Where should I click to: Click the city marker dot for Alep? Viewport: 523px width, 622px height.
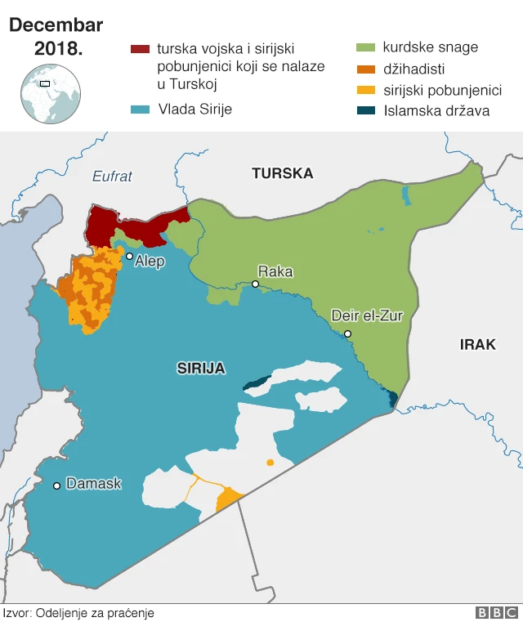pos(129,257)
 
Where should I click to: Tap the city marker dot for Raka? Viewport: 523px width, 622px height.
pos(255,284)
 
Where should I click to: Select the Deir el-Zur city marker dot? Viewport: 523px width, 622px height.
pos(347,333)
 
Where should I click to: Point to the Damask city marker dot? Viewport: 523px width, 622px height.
pos(56,486)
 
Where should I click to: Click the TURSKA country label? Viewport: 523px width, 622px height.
pos(282,173)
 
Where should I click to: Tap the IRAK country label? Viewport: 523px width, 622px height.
pos(477,344)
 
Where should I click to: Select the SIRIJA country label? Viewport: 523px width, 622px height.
pos(201,368)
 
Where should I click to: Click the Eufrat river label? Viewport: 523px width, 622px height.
pos(112,176)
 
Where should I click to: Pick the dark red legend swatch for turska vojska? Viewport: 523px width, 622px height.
pos(140,49)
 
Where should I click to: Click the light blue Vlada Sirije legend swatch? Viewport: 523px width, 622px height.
pos(140,109)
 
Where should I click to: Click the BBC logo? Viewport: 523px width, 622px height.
pos(496,612)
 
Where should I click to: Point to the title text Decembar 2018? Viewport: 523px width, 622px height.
pos(56,37)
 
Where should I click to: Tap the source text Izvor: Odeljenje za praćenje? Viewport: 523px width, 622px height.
pos(78,612)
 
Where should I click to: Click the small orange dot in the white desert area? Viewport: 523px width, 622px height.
pos(270,463)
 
